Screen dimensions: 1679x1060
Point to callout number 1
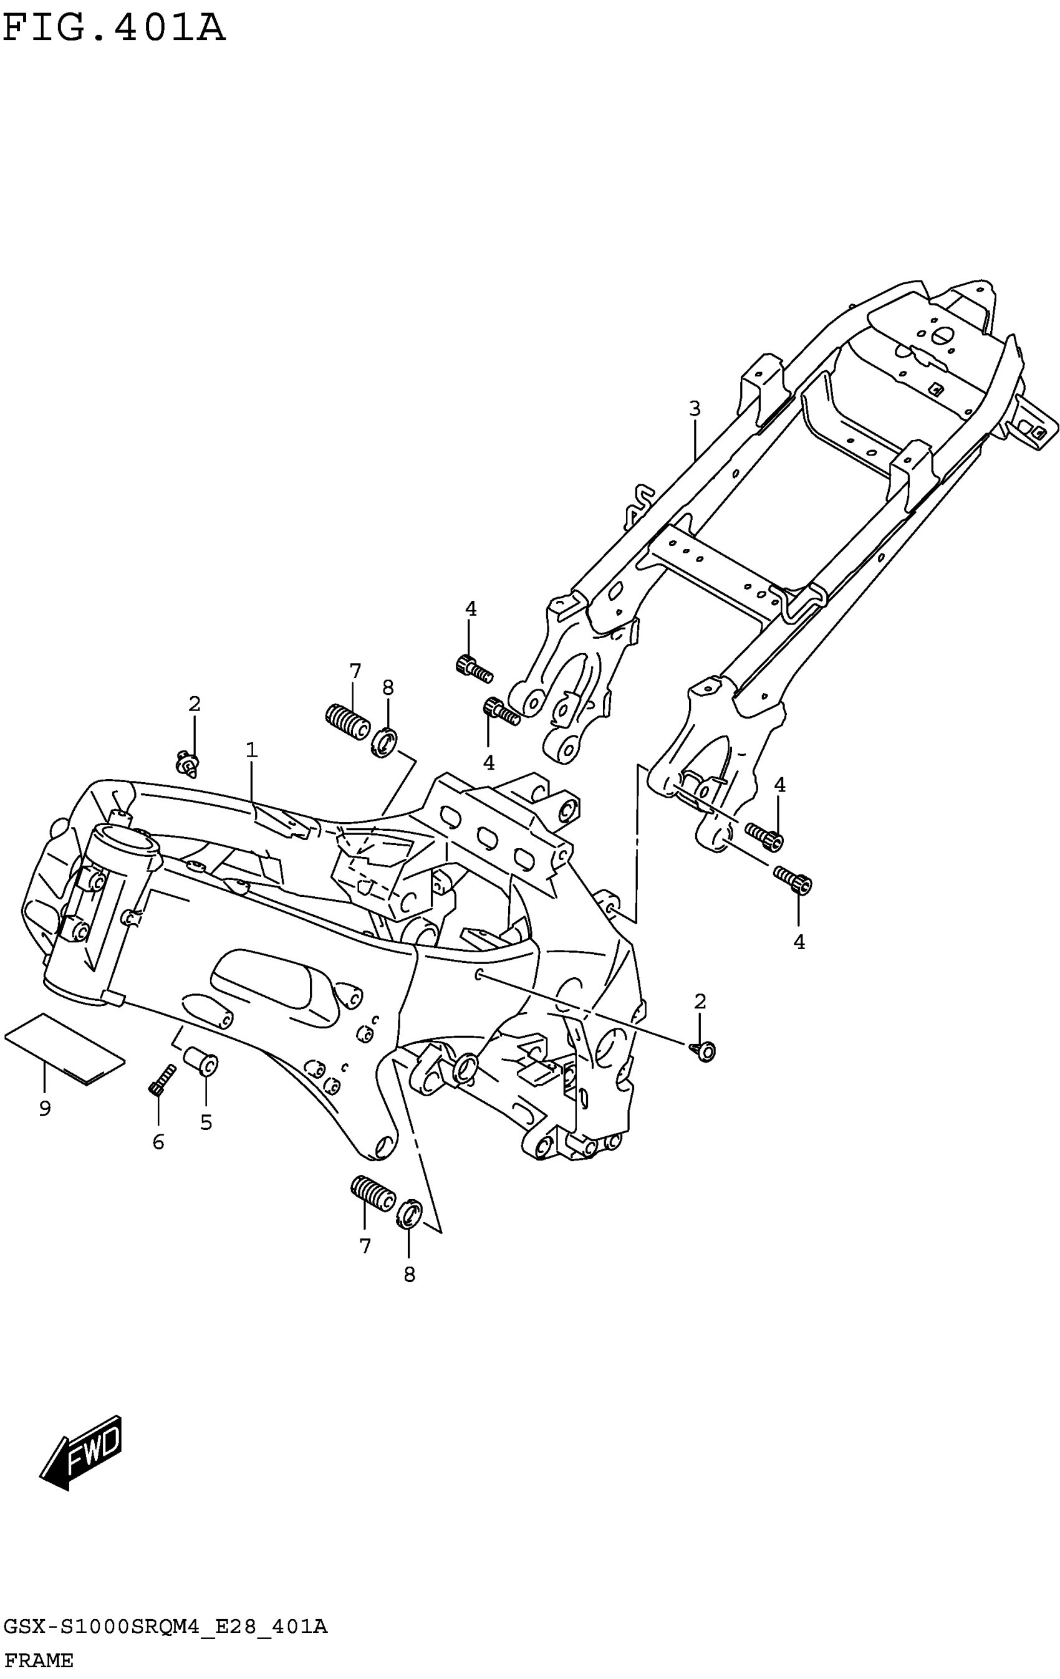(251, 750)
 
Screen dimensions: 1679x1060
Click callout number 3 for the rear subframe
(694, 409)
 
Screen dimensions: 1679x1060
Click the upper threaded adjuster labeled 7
(348, 722)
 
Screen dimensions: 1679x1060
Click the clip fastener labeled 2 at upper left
(188, 764)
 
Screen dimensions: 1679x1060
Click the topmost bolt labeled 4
(473, 667)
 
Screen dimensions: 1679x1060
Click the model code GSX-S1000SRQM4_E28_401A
(165, 1627)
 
